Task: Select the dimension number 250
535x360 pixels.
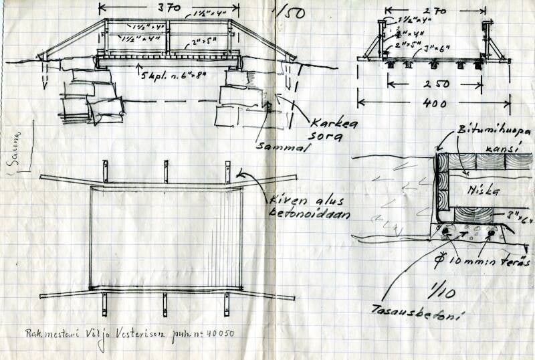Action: (x=439, y=85)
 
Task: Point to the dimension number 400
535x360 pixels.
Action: (x=435, y=103)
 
